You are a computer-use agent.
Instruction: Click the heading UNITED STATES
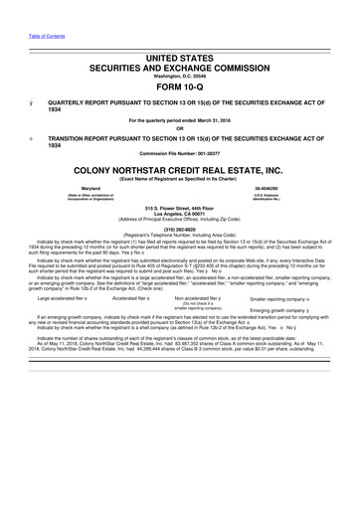(179, 61)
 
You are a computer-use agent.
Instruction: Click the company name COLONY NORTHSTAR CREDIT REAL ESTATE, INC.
(179, 171)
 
